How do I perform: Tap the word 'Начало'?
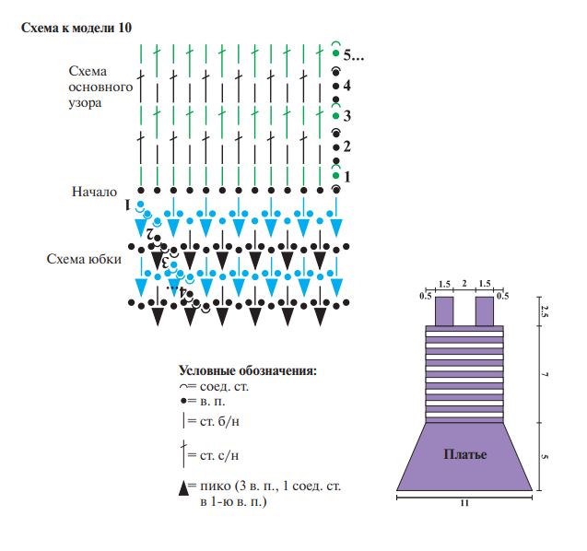(x=94, y=193)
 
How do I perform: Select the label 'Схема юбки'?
(x=84, y=259)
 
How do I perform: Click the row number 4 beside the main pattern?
(x=346, y=86)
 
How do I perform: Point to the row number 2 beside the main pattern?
(x=346, y=147)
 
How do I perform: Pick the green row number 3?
(x=346, y=116)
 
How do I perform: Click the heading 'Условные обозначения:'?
(x=247, y=370)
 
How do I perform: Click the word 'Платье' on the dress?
(x=464, y=455)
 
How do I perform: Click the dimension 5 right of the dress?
(x=546, y=456)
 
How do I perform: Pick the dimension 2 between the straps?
(x=465, y=285)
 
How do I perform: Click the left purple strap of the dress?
(x=444, y=311)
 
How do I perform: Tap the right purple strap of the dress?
(x=485, y=311)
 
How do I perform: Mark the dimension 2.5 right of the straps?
(x=546, y=311)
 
